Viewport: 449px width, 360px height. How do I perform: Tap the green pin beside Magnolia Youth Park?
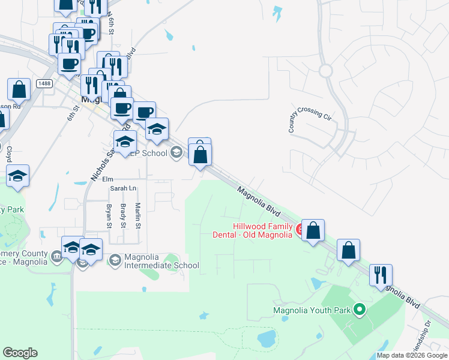(x=360, y=310)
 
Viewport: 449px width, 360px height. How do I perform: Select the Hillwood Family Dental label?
(x=252, y=231)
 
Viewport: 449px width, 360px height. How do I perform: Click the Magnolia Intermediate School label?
(x=161, y=262)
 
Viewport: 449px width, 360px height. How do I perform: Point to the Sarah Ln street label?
(x=123, y=188)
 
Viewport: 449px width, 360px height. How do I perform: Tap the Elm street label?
(x=108, y=179)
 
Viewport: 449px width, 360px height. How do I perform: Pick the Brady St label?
(x=123, y=216)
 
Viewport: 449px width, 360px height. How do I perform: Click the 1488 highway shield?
(x=44, y=84)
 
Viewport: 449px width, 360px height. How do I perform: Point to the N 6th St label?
(x=112, y=24)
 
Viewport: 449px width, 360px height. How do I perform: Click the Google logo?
(x=20, y=353)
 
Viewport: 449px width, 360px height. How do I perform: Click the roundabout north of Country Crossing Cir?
(x=325, y=71)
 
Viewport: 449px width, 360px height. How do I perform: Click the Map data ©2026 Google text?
(x=411, y=355)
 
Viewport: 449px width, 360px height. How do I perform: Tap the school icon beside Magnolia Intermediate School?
(x=114, y=260)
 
